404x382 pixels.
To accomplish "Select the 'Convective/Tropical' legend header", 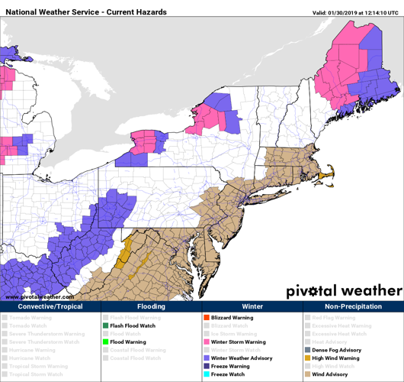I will coord(50,306).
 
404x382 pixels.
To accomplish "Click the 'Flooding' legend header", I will coord(151,306).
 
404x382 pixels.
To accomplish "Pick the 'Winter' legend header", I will coord(252,306).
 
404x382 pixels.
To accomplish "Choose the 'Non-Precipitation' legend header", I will coord(353,306).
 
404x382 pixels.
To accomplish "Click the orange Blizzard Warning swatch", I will coord(206,318).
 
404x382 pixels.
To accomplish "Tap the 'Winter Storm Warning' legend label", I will coord(239,342).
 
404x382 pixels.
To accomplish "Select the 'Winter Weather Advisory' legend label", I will coord(242,358).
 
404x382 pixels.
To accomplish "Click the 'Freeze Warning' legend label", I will coord(232,367).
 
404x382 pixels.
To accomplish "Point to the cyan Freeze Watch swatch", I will coord(206,374).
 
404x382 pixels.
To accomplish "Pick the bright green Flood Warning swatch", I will coord(105,342).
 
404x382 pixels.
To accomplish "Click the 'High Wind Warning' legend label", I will coord(336,358).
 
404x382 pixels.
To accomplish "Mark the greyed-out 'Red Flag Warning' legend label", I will coord(334,318).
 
